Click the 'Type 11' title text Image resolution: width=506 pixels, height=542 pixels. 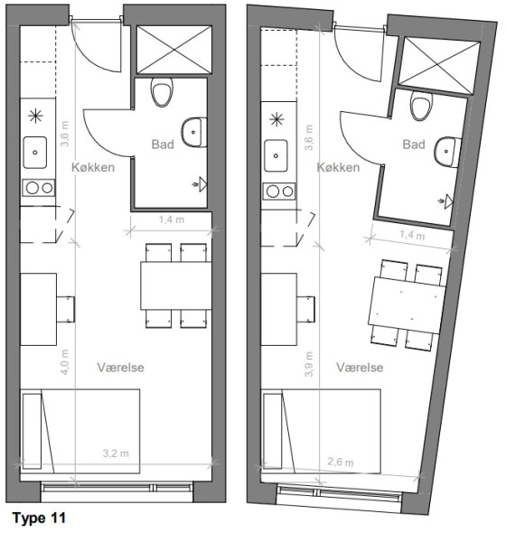click(39, 519)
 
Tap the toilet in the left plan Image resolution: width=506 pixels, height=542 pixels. click(162, 91)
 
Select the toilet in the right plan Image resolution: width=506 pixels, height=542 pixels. click(421, 106)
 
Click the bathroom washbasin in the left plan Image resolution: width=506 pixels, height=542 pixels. click(194, 133)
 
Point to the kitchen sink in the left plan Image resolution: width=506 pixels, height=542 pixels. click(35, 153)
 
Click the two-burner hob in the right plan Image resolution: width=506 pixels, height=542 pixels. click(279, 192)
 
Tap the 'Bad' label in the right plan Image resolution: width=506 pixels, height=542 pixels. click(414, 145)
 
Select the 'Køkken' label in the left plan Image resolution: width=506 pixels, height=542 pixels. click(93, 167)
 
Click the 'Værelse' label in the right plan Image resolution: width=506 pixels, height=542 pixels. click(360, 367)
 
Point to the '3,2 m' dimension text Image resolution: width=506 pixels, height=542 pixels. click(116, 453)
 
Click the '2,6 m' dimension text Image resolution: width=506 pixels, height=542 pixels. click(341, 462)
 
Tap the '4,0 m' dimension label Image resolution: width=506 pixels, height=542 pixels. click(65, 362)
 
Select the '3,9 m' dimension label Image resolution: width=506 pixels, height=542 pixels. click(309, 364)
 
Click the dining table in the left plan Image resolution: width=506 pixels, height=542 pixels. click(176, 285)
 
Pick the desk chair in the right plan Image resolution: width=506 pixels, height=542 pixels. click(305, 309)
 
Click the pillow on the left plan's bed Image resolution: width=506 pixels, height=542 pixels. click(33, 431)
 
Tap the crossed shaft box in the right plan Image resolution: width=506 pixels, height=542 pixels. click(439, 66)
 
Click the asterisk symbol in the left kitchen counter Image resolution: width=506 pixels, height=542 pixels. click(35, 116)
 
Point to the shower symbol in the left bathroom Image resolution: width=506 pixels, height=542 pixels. click(200, 184)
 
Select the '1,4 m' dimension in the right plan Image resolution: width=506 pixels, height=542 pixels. click(412, 235)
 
